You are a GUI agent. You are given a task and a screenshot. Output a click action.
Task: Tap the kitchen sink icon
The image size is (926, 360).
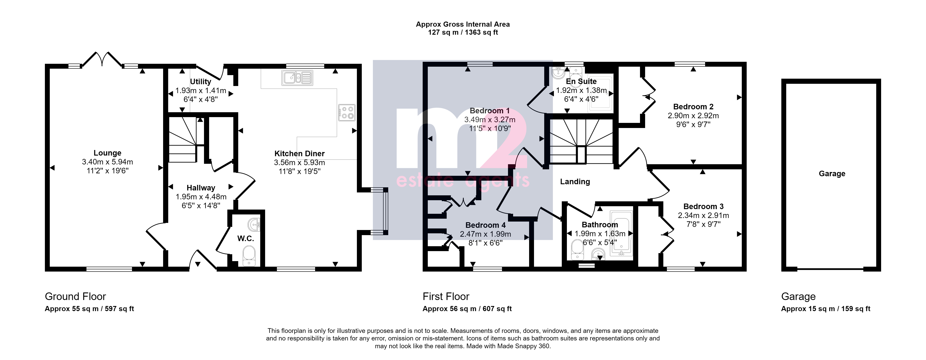click(298, 78)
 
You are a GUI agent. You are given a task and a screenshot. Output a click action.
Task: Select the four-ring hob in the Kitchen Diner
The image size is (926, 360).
click(346, 112)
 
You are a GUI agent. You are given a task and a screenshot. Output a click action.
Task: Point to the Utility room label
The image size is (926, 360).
click(201, 82)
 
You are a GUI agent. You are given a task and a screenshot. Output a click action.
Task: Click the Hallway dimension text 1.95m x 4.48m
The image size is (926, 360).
click(201, 197)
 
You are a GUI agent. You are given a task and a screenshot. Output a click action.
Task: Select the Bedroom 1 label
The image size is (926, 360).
click(490, 111)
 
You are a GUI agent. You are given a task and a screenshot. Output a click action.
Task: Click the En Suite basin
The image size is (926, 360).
click(558, 73)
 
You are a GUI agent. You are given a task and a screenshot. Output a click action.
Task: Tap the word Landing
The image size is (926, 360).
click(575, 182)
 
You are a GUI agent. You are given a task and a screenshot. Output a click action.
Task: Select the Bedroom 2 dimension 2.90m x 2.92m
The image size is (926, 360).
click(693, 116)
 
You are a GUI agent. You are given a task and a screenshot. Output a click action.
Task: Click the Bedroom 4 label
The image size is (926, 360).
click(485, 225)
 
